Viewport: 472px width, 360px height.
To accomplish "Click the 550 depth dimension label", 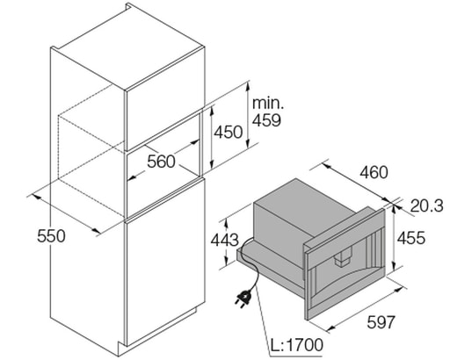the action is (x=51, y=236).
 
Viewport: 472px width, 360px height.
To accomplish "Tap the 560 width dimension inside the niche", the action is (x=161, y=162).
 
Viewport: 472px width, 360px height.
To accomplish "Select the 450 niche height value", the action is (x=229, y=132).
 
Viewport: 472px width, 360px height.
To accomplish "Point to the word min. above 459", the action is (x=268, y=103).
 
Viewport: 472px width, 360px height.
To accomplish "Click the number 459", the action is (x=266, y=120).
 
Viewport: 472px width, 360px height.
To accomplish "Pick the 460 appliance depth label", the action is (x=374, y=172).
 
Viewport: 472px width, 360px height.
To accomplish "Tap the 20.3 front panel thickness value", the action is (x=427, y=206).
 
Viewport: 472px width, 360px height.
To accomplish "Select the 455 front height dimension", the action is (x=411, y=238).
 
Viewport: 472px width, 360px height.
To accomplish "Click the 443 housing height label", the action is (x=224, y=241).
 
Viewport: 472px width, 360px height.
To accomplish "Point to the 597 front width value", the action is (x=381, y=322).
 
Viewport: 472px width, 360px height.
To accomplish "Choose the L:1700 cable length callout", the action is (x=296, y=345).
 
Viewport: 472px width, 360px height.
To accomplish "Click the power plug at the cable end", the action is (x=243, y=297).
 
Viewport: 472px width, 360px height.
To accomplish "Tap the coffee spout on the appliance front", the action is (x=343, y=258).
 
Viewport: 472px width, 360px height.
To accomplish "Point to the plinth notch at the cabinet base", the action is (x=122, y=345).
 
